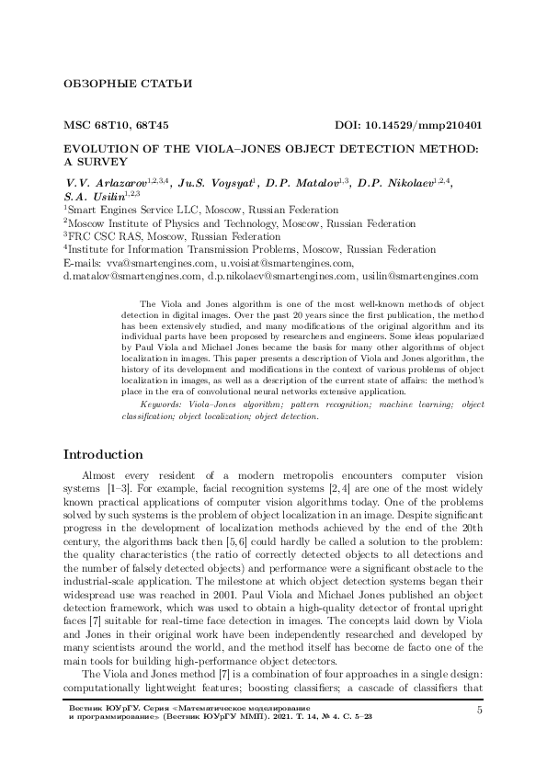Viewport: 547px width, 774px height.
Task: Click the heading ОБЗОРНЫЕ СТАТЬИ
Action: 126,85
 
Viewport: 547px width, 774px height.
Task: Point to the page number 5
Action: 480,735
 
